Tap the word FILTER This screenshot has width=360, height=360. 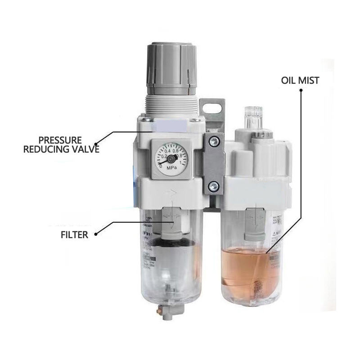75,234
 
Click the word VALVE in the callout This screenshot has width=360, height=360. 84,149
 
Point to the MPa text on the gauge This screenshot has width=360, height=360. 171,169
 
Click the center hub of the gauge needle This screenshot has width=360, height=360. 171,159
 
